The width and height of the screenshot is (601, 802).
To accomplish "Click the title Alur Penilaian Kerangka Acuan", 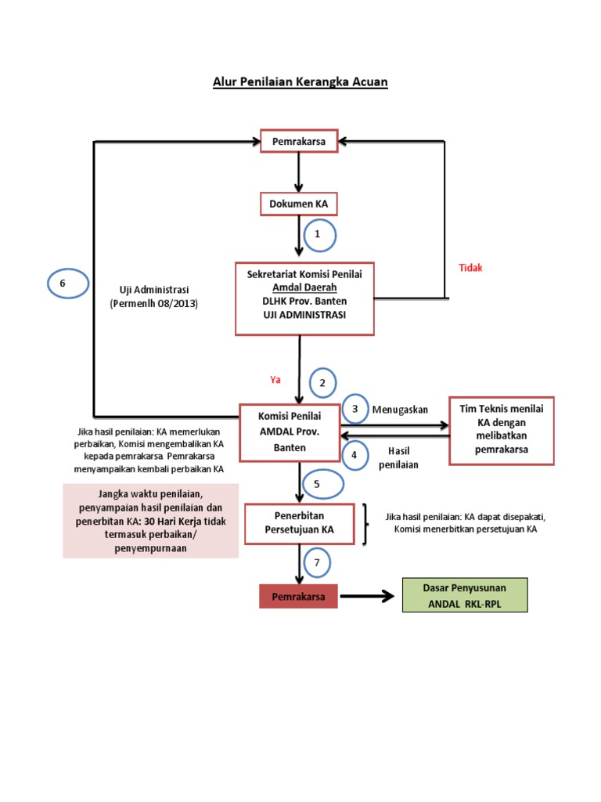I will point(300,81).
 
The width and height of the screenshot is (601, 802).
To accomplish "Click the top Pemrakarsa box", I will point(299,142).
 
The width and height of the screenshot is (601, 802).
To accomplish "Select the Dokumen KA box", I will point(299,204).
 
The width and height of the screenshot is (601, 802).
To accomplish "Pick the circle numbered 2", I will point(322,383).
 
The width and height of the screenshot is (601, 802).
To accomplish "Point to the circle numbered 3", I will point(354,409).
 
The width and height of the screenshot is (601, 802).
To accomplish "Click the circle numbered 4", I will point(354,454).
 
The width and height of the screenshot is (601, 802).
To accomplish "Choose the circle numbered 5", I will point(317,484).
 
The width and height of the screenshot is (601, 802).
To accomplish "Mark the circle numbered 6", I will point(67,283).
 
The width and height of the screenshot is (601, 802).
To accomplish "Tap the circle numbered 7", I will point(317,562).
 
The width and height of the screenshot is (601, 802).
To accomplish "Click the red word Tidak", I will point(470,268).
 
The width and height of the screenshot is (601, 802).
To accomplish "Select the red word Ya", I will point(275,380).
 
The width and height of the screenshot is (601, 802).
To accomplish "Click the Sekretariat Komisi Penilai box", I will point(299,298).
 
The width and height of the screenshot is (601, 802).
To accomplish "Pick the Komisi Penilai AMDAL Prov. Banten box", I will point(290,432).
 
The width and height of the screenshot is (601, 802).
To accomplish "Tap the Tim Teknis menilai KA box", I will point(502,430).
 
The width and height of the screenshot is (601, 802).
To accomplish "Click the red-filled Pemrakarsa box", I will point(298,596).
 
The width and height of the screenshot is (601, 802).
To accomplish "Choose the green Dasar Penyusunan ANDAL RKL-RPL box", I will point(466,595).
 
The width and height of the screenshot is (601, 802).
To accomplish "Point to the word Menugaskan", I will point(400,410).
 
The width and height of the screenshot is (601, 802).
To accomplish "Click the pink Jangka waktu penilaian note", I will point(151,520).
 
